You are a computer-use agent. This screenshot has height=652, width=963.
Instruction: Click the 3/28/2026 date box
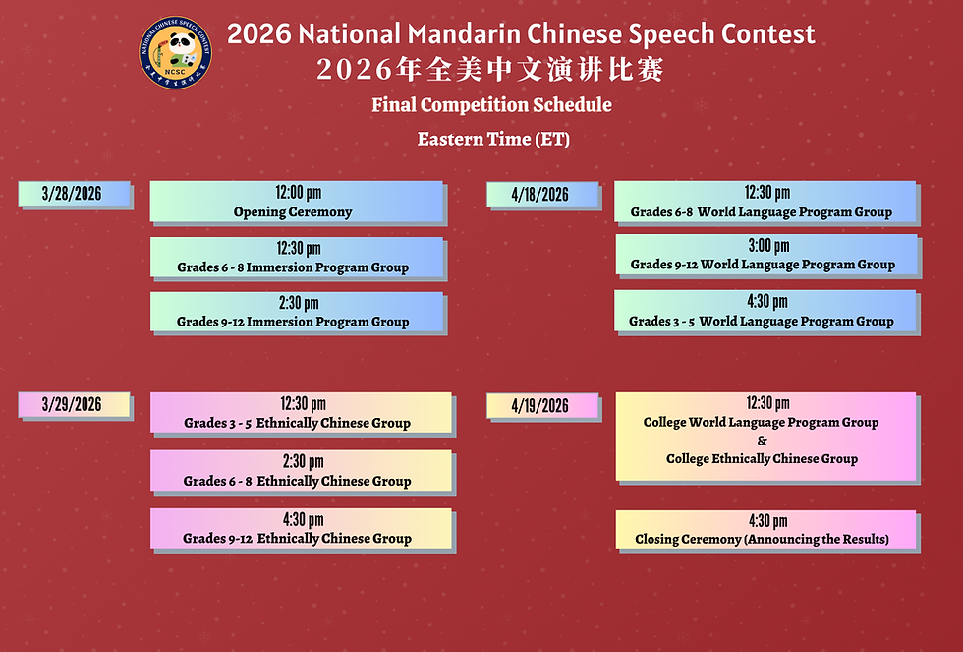tap(74, 194)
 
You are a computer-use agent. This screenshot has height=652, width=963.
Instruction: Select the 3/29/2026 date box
tap(74, 404)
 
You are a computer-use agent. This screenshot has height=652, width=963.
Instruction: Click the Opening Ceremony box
tap(296, 202)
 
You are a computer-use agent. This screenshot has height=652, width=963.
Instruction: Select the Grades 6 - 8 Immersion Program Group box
tap(296, 258)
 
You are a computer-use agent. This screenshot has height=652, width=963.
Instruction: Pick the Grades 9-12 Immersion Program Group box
tap(296, 312)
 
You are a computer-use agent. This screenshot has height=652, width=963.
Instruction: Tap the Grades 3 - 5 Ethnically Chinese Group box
tap(300, 413)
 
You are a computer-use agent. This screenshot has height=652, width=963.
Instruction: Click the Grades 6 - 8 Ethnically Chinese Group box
tap(300, 471)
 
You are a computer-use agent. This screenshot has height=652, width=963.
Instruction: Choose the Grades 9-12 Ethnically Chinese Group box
tap(300, 528)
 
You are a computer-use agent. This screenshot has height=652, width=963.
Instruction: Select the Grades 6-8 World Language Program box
tap(765, 202)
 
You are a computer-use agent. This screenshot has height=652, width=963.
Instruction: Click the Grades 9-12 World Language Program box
tap(765, 255)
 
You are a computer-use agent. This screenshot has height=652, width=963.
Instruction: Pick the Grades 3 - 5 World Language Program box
tap(765, 311)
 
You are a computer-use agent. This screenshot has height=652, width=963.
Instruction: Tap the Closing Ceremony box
tap(765, 529)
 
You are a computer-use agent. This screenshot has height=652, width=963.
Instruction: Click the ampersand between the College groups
tap(762, 441)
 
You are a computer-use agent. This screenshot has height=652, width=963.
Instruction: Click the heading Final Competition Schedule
tap(491, 105)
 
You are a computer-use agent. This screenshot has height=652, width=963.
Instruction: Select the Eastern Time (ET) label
tap(493, 139)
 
